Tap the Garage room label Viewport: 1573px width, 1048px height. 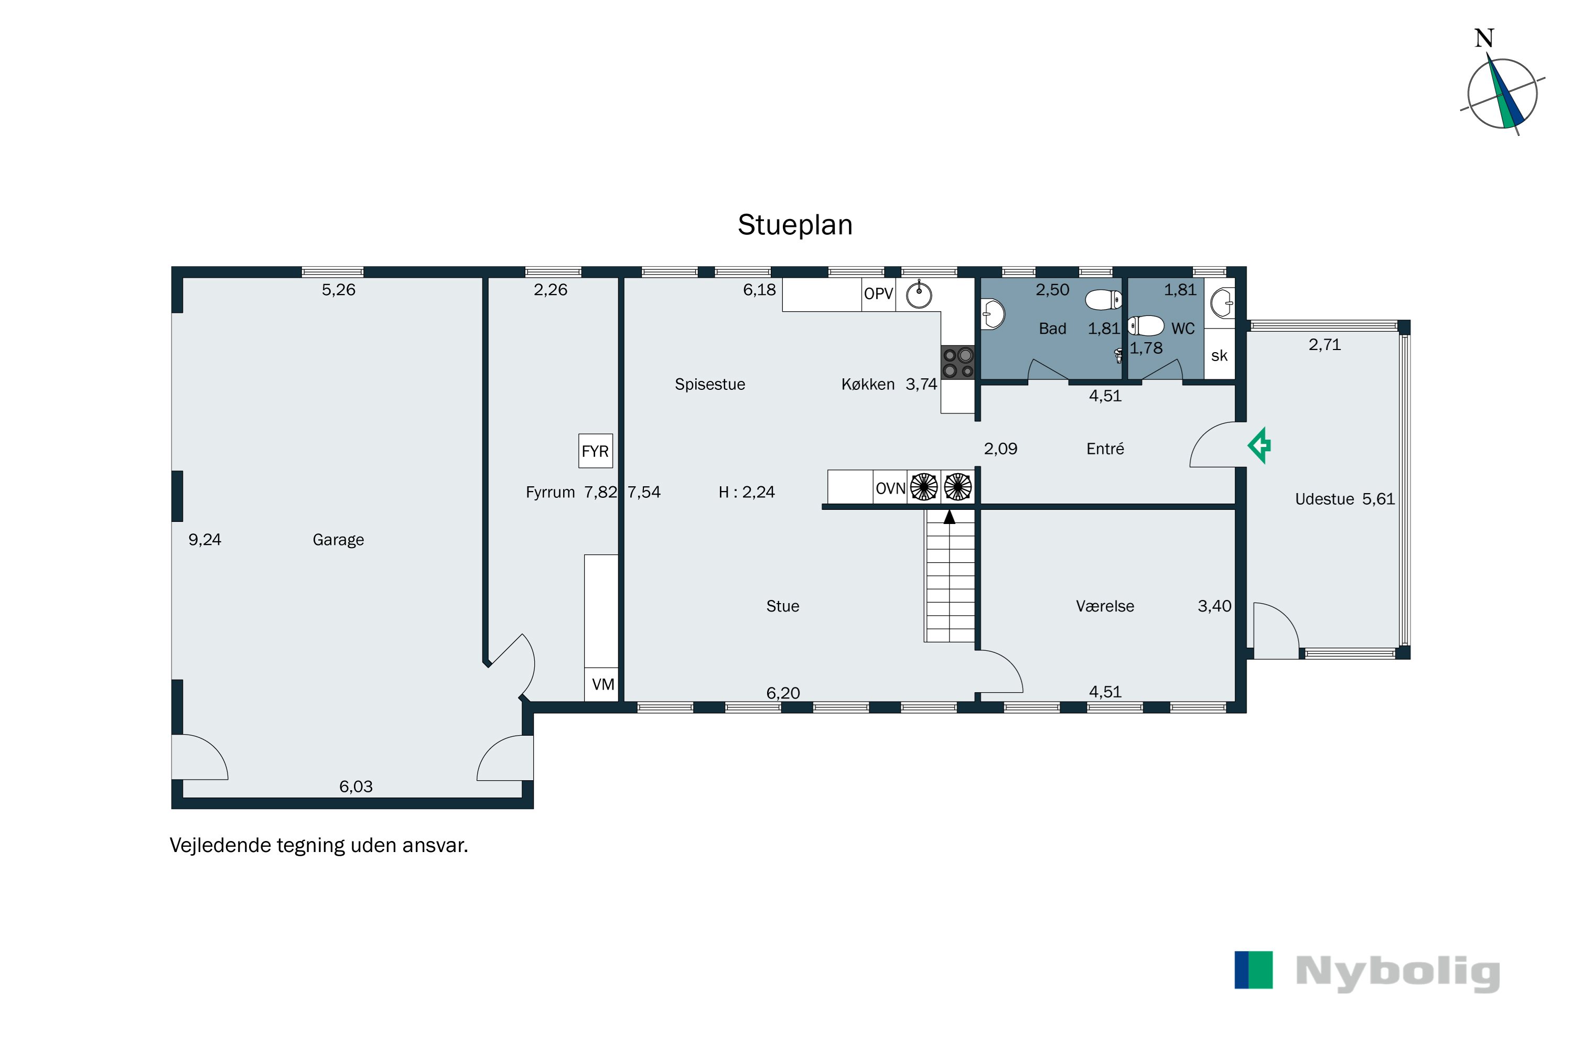338,540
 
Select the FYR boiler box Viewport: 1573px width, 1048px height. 595,451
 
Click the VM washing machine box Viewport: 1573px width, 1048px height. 602,684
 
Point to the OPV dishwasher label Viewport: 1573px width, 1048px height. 878,293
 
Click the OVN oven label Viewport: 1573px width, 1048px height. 890,488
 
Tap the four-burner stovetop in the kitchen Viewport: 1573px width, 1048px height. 958,362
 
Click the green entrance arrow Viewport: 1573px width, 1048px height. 1259,445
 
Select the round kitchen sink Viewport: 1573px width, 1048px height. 919,294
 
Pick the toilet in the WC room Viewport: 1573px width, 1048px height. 1146,326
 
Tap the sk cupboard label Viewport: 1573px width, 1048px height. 1219,356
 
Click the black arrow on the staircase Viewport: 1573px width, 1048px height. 950,517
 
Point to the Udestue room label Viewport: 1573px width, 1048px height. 1325,499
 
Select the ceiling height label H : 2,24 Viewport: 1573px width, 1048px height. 746,493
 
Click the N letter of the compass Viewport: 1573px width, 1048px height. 1484,38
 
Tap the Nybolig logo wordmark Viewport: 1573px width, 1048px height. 1398,973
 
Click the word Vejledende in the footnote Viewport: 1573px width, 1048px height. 220,846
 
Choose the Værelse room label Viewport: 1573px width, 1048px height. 1105,606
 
